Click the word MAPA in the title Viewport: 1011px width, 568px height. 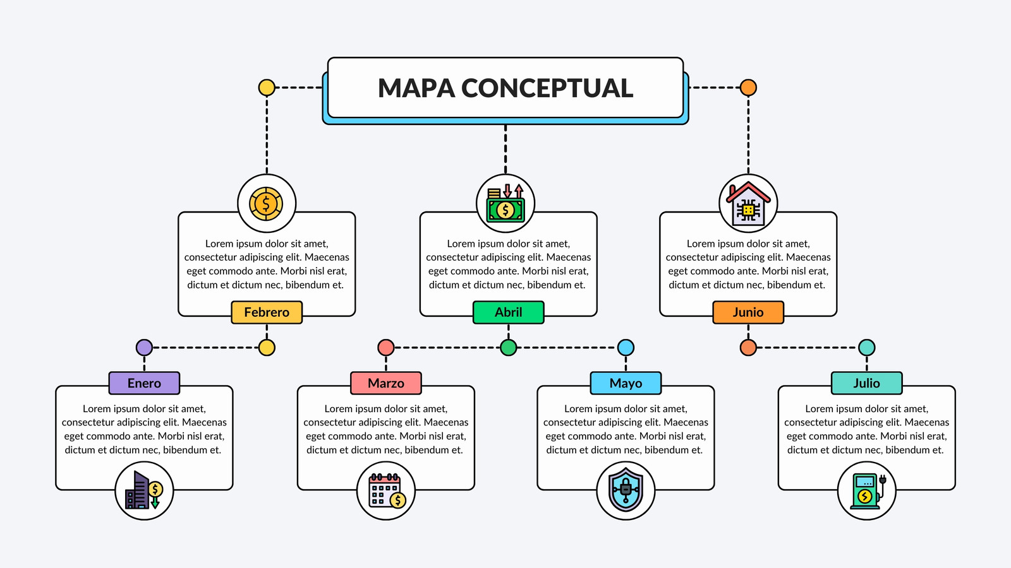(416, 88)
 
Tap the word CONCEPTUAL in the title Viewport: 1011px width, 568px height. (547, 88)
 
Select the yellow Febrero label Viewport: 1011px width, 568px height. (267, 312)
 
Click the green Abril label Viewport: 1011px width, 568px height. (508, 312)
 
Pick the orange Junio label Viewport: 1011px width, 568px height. (748, 312)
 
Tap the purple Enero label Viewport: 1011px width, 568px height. (145, 383)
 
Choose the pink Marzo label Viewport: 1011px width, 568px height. (386, 383)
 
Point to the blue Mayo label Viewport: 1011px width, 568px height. (626, 383)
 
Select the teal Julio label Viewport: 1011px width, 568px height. (866, 383)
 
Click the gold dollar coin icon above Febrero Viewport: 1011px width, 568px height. (266, 204)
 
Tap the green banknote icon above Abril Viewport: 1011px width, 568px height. (505, 203)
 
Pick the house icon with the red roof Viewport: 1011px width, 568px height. (748, 204)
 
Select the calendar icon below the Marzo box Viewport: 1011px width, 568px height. (386, 490)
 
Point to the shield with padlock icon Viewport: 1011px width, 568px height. (626, 490)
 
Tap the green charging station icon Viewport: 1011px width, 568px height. (867, 491)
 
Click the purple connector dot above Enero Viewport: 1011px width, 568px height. (145, 348)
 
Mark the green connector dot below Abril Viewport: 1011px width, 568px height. (508, 348)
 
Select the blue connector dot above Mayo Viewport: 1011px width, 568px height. (626, 348)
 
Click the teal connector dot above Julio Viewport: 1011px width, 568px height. (866, 348)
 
